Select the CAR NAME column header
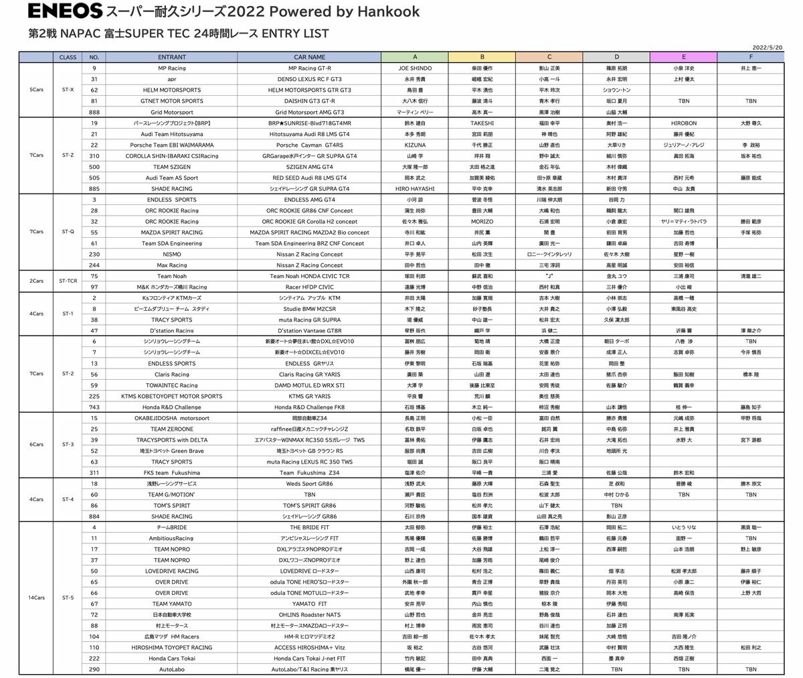309,58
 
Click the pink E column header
683,58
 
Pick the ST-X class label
67,90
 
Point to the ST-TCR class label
67,281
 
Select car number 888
94,112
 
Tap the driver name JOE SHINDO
415,68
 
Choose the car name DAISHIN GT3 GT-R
309,101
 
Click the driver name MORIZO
482,221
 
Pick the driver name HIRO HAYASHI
415,189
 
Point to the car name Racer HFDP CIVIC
309,287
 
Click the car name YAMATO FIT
309,604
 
